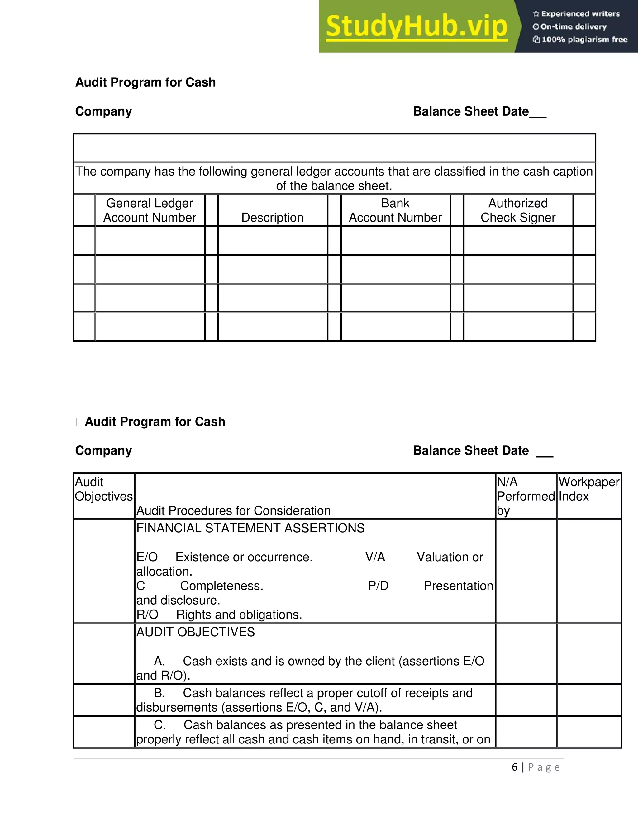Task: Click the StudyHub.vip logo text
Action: [x=416, y=26]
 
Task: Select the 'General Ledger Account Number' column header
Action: [x=150, y=210]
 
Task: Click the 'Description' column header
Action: [x=272, y=218]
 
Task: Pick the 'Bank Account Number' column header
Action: [x=395, y=210]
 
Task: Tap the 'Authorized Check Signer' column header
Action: [x=518, y=210]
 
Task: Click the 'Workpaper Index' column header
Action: [x=588, y=489]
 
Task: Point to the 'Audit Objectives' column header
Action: [x=103, y=489]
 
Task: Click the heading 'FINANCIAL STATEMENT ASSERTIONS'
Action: [x=250, y=528]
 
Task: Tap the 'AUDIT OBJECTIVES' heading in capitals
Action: [x=195, y=632]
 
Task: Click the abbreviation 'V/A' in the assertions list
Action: [x=375, y=557]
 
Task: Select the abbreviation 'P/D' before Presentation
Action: [x=378, y=586]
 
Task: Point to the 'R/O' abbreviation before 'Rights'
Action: [x=147, y=615]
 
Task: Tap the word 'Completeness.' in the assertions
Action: [x=221, y=586]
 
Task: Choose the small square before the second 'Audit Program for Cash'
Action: [x=79, y=422]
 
